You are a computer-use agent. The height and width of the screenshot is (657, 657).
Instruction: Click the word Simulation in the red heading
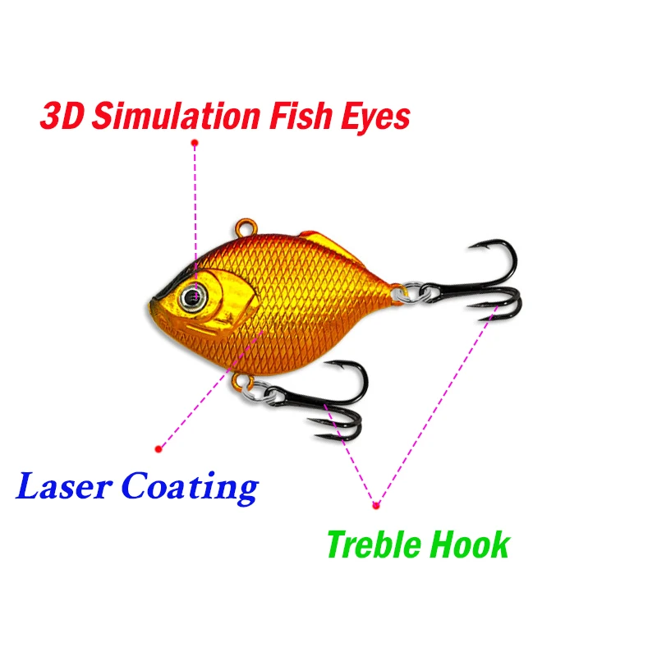click(x=176, y=116)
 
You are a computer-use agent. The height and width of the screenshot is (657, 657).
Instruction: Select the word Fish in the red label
click(x=301, y=116)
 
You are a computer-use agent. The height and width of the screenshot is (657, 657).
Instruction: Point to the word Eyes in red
click(x=375, y=118)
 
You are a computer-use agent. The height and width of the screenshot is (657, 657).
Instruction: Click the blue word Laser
click(x=64, y=486)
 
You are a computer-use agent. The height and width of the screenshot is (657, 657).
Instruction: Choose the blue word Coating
click(x=190, y=488)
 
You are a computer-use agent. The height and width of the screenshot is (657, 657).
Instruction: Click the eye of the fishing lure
click(x=193, y=297)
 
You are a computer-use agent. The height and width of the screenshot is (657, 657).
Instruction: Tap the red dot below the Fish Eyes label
click(x=195, y=143)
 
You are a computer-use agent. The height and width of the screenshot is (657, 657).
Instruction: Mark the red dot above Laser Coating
click(x=159, y=449)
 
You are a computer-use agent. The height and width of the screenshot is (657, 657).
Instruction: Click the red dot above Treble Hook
click(x=376, y=506)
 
